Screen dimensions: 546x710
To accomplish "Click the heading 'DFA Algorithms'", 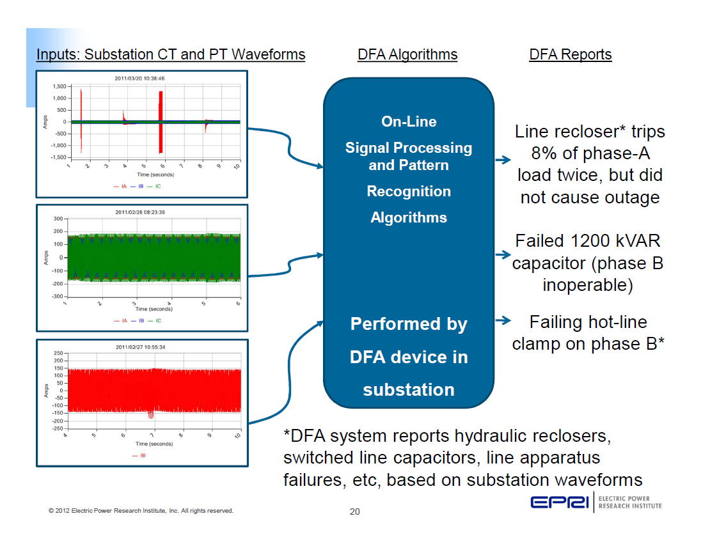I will click(407, 54).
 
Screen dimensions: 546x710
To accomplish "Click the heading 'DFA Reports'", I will click(570, 54).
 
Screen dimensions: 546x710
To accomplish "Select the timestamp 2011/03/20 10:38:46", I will click(139, 79).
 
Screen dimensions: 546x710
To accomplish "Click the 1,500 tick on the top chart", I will click(58, 86).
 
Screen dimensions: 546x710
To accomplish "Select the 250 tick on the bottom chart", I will click(57, 353).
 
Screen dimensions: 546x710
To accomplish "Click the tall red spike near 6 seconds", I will click(161, 121).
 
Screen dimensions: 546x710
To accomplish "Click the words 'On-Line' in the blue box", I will click(409, 121).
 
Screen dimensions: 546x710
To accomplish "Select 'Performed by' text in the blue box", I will click(409, 324).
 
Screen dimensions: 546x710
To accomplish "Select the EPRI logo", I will click(560, 503).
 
